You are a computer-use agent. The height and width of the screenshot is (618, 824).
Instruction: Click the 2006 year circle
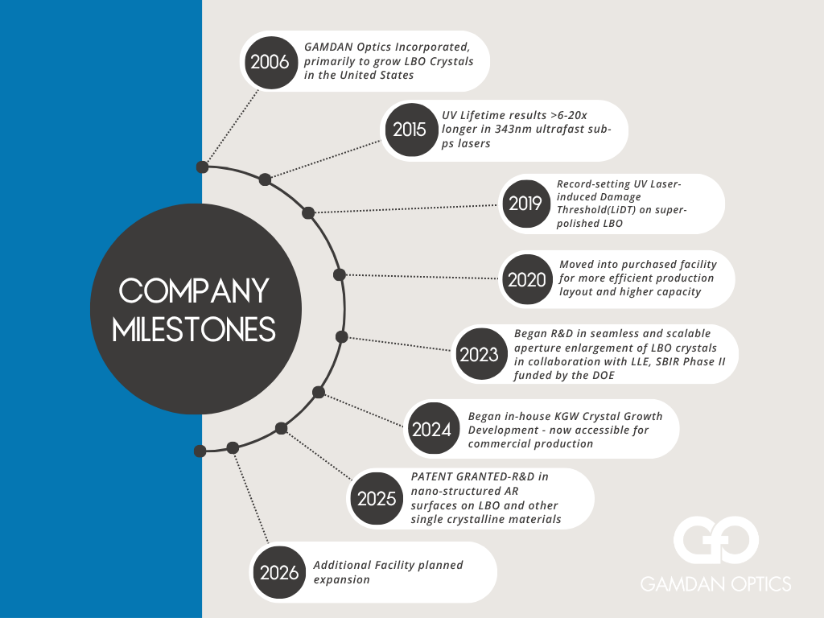click(270, 61)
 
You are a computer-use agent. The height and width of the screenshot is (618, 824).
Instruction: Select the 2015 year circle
click(410, 129)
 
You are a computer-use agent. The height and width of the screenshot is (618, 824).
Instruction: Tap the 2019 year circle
click(525, 204)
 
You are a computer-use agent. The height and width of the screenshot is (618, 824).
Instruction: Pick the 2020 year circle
click(527, 279)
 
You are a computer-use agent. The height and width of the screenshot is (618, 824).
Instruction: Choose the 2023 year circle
click(480, 354)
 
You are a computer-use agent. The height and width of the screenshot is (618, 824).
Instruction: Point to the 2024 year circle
click(431, 429)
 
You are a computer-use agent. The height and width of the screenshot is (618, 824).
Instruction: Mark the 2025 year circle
click(377, 499)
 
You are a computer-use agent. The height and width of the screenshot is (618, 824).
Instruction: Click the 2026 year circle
click(279, 572)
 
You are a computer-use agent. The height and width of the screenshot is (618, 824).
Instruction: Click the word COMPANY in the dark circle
click(196, 291)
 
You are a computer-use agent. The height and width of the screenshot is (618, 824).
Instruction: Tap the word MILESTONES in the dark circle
click(195, 329)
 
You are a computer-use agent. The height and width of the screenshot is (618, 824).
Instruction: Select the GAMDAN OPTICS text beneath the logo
click(715, 584)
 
